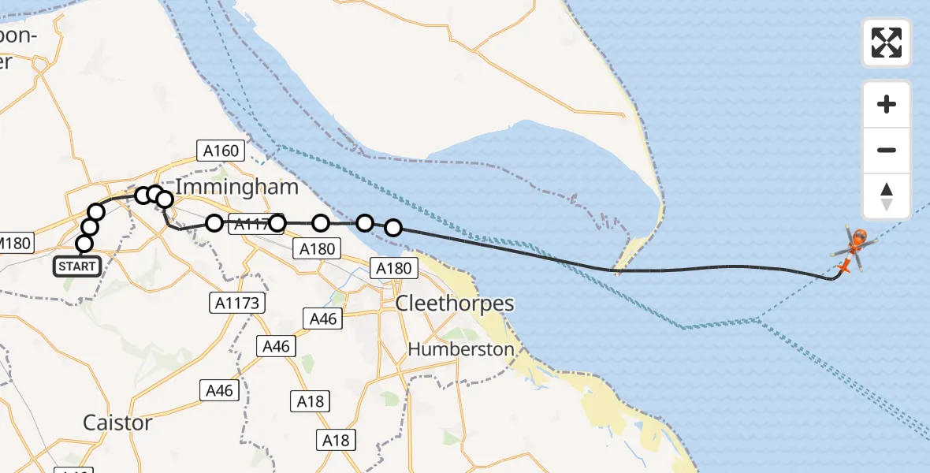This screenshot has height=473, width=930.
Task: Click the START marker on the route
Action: point(77,266)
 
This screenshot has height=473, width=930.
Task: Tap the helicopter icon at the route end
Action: point(851,249)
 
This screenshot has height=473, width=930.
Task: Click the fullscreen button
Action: point(887,43)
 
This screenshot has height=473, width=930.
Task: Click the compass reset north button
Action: point(887,197)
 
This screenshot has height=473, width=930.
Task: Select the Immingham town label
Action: point(236,187)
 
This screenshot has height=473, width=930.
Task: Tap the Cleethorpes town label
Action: point(455,304)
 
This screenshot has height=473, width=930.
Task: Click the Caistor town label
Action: point(117,423)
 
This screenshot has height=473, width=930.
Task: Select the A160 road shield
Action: point(220,150)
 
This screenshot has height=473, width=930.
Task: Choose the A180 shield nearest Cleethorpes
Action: point(393,269)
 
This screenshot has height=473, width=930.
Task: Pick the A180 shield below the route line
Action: point(316,249)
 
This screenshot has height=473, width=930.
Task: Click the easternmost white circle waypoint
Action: point(393,229)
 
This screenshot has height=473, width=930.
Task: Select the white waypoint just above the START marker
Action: point(84,244)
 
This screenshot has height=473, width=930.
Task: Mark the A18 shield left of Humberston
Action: point(311,401)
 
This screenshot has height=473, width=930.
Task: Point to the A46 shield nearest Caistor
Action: point(219,389)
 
